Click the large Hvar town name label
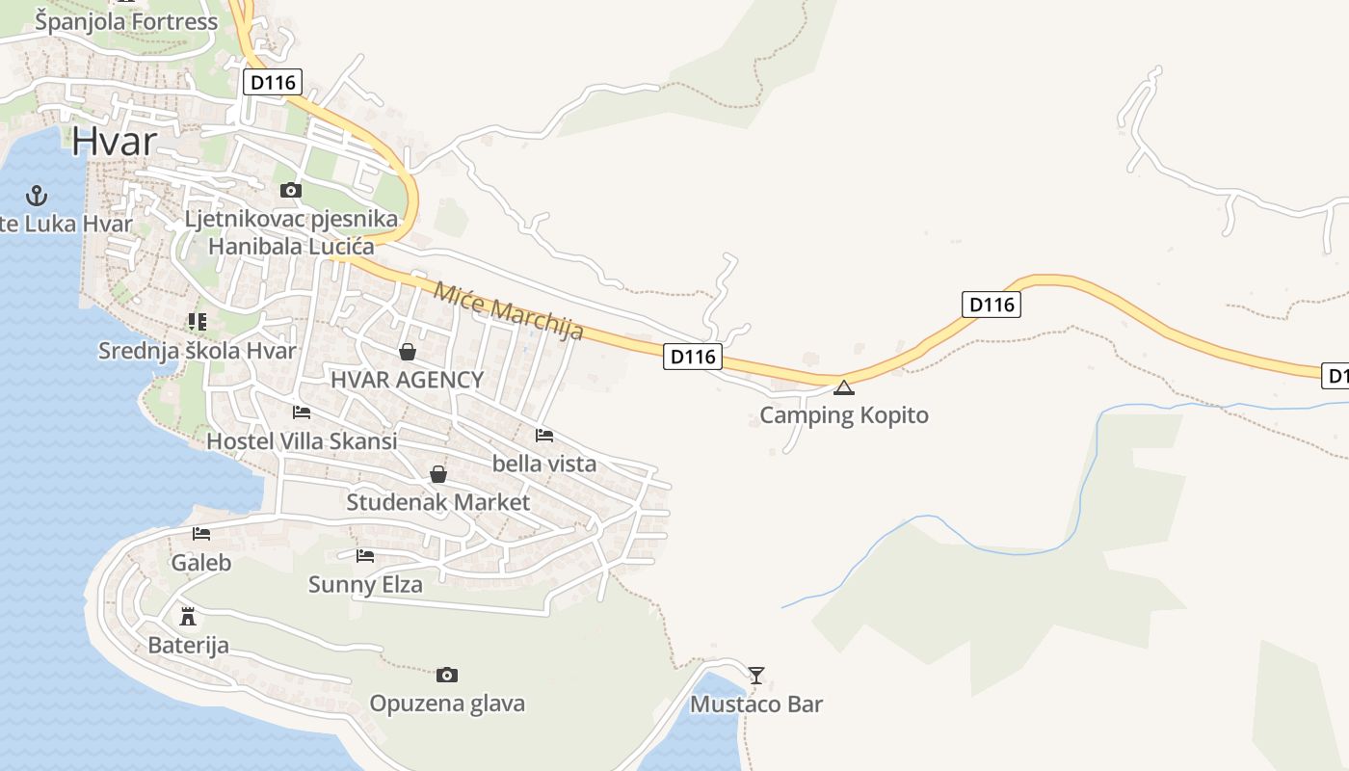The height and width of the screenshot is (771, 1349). click(114, 142)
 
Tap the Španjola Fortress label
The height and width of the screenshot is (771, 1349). click(126, 21)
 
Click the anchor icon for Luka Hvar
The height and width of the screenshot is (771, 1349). click(37, 197)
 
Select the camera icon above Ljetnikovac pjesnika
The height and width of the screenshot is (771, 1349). click(290, 191)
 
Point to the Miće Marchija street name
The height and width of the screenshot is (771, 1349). click(509, 310)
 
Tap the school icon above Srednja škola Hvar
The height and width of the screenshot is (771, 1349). click(198, 322)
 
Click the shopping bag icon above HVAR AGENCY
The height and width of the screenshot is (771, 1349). click(408, 352)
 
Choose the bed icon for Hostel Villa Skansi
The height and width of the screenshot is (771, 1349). click(302, 412)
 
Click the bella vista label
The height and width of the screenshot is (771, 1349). click(544, 464)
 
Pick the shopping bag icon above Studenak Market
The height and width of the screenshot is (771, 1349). click(438, 474)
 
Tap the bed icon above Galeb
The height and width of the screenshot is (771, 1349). click(201, 533)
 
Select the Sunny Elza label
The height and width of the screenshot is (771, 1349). click(365, 584)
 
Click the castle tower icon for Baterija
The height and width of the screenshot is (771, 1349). click(188, 617)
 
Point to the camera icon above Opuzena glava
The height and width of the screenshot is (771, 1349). click(447, 675)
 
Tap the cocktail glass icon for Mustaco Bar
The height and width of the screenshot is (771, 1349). click(756, 675)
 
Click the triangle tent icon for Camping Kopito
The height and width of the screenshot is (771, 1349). click(844, 388)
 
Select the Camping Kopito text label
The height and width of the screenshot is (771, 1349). click(844, 415)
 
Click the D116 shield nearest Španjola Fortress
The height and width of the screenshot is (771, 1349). click(272, 82)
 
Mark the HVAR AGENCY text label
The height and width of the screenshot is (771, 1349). click(407, 380)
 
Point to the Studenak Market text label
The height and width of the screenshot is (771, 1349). click(437, 502)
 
